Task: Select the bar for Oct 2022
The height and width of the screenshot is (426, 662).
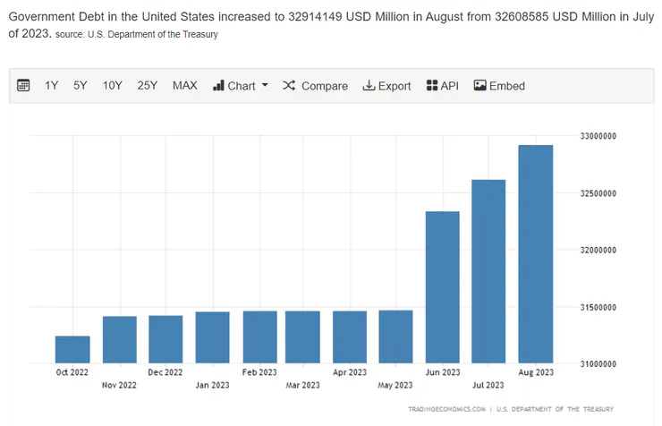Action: coord(72,349)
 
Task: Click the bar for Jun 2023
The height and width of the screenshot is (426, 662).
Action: coord(442,286)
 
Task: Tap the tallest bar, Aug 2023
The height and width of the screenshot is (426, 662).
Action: coord(536,254)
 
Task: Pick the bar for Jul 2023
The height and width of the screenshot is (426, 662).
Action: coord(488,271)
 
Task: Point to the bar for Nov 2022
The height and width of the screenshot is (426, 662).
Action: coord(119,339)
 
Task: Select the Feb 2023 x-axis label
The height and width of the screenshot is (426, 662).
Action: coord(259,372)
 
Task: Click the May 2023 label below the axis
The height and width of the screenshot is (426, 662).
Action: coord(395,386)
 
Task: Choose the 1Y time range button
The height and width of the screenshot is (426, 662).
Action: coord(52,86)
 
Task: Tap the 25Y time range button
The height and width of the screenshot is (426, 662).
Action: coord(148,86)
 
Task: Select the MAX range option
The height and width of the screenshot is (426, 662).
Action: coord(185,86)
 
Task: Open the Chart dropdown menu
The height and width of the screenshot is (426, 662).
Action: coord(241,86)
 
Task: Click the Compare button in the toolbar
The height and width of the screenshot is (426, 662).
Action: coord(315,86)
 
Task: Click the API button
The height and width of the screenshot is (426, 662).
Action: coord(443,86)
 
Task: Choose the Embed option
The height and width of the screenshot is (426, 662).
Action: coord(499,86)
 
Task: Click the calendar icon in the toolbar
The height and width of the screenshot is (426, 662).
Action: coord(24,86)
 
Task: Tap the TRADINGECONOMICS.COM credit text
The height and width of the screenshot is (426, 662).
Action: coord(446,409)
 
